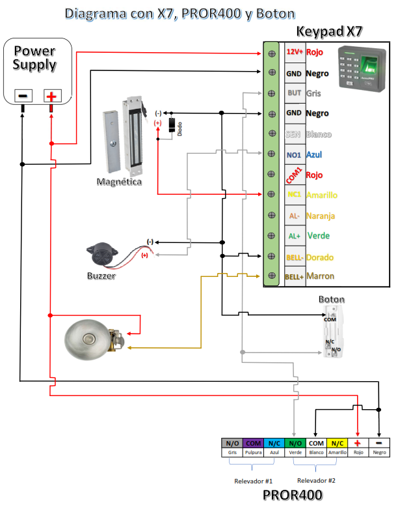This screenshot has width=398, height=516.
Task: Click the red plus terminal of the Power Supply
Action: coord(51,96)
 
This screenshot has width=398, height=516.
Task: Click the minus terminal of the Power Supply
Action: coord(22,96)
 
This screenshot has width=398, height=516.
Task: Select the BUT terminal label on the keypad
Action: coord(295,93)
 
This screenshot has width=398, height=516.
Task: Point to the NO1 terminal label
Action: coord(295,154)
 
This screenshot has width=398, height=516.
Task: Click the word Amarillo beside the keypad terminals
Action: coord(322,195)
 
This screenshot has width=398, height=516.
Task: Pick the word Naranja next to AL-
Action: coord(321,216)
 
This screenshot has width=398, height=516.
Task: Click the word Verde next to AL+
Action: coord(318,236)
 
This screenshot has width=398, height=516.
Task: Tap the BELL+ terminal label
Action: coord(295,277)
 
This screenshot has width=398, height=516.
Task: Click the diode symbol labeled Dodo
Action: coord(172,125)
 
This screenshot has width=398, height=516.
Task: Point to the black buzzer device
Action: coord(102,256)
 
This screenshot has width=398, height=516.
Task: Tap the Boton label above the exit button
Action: coord(332,299)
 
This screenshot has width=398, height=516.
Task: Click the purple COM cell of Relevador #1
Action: coord(254,442)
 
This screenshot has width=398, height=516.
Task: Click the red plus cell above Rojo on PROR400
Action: coord(358,442)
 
